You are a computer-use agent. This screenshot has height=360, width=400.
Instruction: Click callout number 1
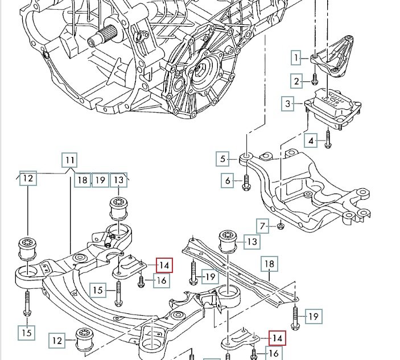click(x=296, y=57)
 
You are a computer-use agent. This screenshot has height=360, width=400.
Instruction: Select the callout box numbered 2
click(x=296, y=81)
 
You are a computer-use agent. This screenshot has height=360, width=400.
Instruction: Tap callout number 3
click(x=288, y=104)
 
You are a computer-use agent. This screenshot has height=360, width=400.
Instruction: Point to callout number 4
click(x=311, y=140)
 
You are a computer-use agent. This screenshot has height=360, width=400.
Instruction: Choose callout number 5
click(x=223, y=159)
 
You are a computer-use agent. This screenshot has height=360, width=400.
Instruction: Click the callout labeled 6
click(x=228, y=181)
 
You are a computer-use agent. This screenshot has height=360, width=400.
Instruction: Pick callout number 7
click(x=263, y=226)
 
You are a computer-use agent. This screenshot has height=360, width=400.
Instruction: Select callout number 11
click(x=69, y=160)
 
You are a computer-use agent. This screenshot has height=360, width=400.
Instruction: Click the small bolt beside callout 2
click(x=314, y=80)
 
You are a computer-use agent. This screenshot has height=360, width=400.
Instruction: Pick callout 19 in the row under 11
click(x=100, y=180)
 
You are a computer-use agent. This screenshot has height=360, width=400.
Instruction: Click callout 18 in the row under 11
click(x=83, y=180)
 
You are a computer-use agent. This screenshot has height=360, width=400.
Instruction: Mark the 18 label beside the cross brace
click(x=269, y=264)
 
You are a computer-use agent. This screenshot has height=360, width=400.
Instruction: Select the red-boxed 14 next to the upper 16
click(x=164, y=265)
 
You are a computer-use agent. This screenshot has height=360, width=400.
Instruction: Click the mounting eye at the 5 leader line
click(x=246, y=157)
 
